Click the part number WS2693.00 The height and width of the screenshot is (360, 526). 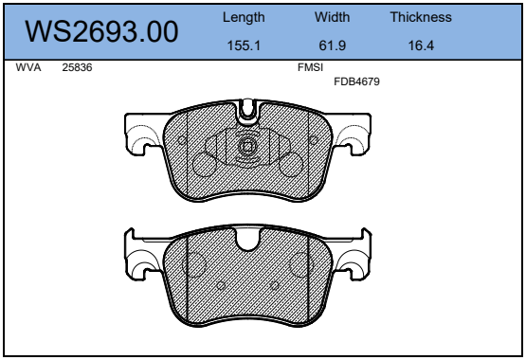pos(101,31)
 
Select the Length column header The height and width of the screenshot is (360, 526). pos(244,17)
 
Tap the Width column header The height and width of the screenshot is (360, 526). pos(332,17)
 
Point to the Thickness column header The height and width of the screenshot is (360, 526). pos(421,17)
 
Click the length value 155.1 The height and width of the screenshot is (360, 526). pos(244,45)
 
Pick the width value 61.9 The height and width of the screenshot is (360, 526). pos(332,45)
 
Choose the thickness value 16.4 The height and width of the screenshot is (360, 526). pos(421,45)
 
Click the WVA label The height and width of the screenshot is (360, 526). pos(28,67)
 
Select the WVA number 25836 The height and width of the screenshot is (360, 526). pos(77,67)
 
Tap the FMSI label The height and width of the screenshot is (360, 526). pos(310,67)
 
